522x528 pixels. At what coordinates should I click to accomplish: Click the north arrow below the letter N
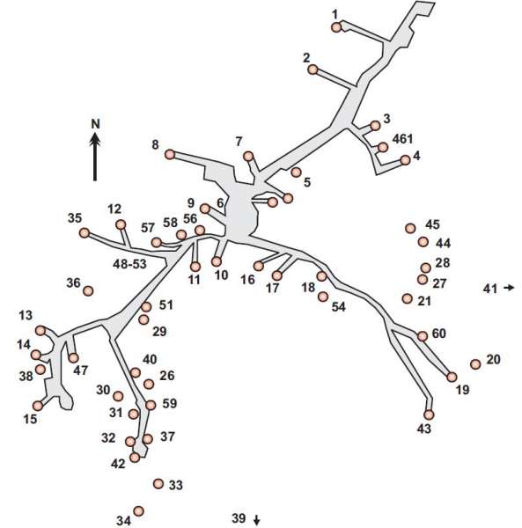pyautogui.click(x=95, y=157)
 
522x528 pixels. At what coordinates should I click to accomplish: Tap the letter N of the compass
pyautogui.click(x=96, y=124)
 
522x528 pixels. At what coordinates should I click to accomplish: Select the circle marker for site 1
pyautogui.click(x=336, y=27)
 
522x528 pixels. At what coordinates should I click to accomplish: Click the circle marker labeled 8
pyautogui.click(x=170, y=155)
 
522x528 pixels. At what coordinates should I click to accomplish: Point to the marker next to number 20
pyautogui.click(x=475, y=364)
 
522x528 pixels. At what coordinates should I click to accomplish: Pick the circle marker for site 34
pyautogui.click(x=138, y=511)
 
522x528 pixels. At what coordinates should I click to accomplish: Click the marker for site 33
pyautogui.click(x=158, y=484)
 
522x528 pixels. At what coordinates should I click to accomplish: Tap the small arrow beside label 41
pyautogui.click(x=509, y=288)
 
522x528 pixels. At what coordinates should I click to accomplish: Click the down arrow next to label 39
pyautogui.click(x=257, y=520)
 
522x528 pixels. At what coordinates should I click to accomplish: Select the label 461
pyautogui.click(x=403, y=138)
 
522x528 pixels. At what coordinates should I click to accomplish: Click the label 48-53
pyautogui.click(x=129, y=264)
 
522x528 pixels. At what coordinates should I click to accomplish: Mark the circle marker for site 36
pyautogui.click(x=88, y=290)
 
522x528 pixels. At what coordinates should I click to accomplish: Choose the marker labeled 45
pyautogui.click(x=410, y=228)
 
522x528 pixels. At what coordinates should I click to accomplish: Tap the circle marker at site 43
pyautogui.click(x=429, y=414)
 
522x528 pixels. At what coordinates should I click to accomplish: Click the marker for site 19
pyautogui.click(x=452, y=377)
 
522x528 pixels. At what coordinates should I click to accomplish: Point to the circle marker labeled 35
pyautogui.click(x=85, y=232)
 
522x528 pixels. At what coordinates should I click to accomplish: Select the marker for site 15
pyautogui.click(x=38, y=406)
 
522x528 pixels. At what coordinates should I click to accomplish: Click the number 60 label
pyautogui.click(x=439, y=334)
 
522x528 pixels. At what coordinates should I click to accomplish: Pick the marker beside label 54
pyautogui.click(x=323, y=297)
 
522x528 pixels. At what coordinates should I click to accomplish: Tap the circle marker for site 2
pyautogui.click(x=312, y=70)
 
